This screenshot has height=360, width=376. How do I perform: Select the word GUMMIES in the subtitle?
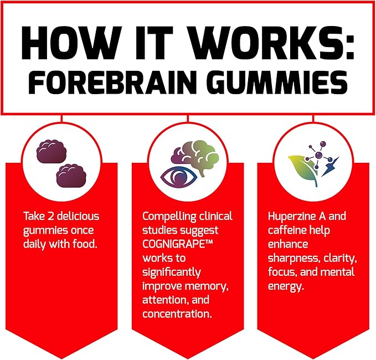[280, 83]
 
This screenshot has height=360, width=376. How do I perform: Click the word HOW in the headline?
[70, 43]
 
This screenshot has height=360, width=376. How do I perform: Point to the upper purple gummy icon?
[51, 151]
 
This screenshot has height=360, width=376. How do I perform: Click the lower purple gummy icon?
[71, 176]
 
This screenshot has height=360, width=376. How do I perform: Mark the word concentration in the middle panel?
[177, 314]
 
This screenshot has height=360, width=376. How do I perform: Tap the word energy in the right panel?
[286, 286]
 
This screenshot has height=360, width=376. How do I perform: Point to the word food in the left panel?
[85, 244]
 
